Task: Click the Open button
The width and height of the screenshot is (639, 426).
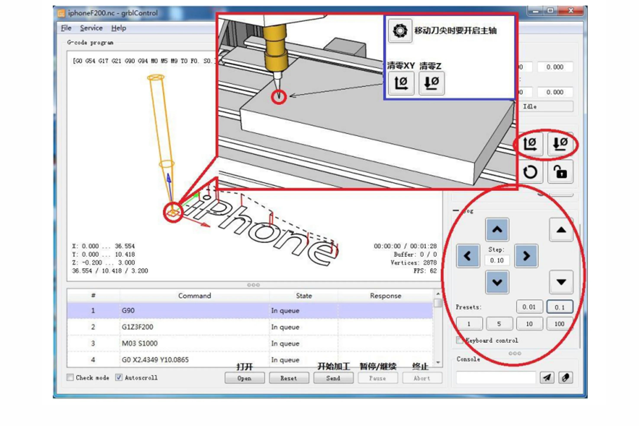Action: (x=244, y=378)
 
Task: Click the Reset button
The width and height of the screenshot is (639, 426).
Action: (x=288, y=378)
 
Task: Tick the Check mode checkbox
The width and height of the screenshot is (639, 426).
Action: (x=70, y=377)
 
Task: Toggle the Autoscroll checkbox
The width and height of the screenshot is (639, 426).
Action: (x=119, y=377)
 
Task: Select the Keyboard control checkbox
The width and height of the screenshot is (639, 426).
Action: (x=459, y=340)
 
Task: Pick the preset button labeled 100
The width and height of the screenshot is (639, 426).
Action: (x=559, y=324)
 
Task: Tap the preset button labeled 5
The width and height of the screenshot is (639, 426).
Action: (x=499, y=324)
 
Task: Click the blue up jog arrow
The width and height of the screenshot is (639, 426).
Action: (x=497, y=230)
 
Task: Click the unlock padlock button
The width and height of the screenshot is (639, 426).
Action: (x=560, y=172)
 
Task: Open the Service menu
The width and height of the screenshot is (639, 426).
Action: (x=91, y=28)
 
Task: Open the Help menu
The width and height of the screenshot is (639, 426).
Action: (x=119, y=28)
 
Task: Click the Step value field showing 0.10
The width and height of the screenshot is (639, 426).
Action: (x=497, y=260)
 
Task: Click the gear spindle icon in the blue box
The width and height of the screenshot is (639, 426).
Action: (x=400, y=30)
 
